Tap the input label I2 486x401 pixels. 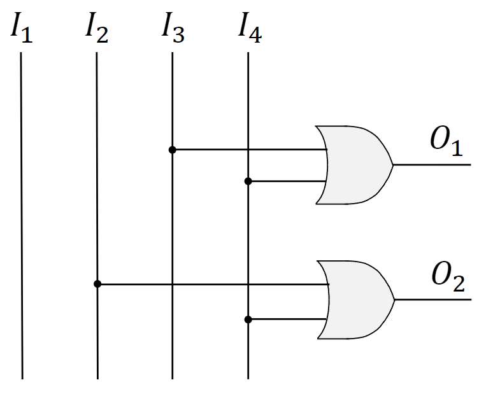click(x=97, y=29)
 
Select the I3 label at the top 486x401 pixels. click(x=173, y=29)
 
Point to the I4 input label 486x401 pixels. click(x=248, y=29)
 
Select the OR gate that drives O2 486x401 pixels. click(x=354, y=299)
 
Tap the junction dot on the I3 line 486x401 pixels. click(x=172, y=150)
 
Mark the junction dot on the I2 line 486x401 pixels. click(x=97, y=284)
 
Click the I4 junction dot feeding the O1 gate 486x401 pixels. click(x=248, y=181)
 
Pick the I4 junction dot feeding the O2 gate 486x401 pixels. click(x=248, y=319)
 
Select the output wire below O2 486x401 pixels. click(x=433, y=299)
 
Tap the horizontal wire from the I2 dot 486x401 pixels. click(x=191, y=284)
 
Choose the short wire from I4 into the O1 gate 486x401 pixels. click(x=287, y=181)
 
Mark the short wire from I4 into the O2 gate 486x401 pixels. click(x=287, y=319)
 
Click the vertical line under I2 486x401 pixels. click(x=97, y=191)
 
